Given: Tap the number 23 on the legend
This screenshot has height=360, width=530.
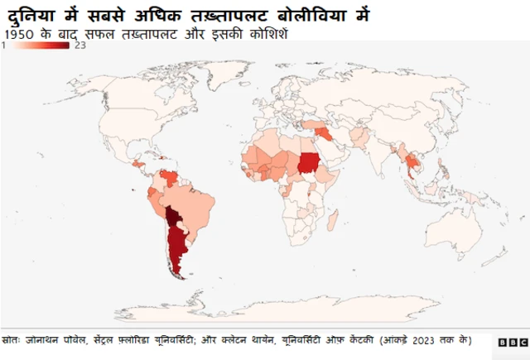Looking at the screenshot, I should [x=80, y=46].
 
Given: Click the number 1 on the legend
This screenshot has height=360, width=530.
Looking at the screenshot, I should [x=5, y=46].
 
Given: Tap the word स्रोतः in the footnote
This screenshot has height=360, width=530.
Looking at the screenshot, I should [x=12, y=340].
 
